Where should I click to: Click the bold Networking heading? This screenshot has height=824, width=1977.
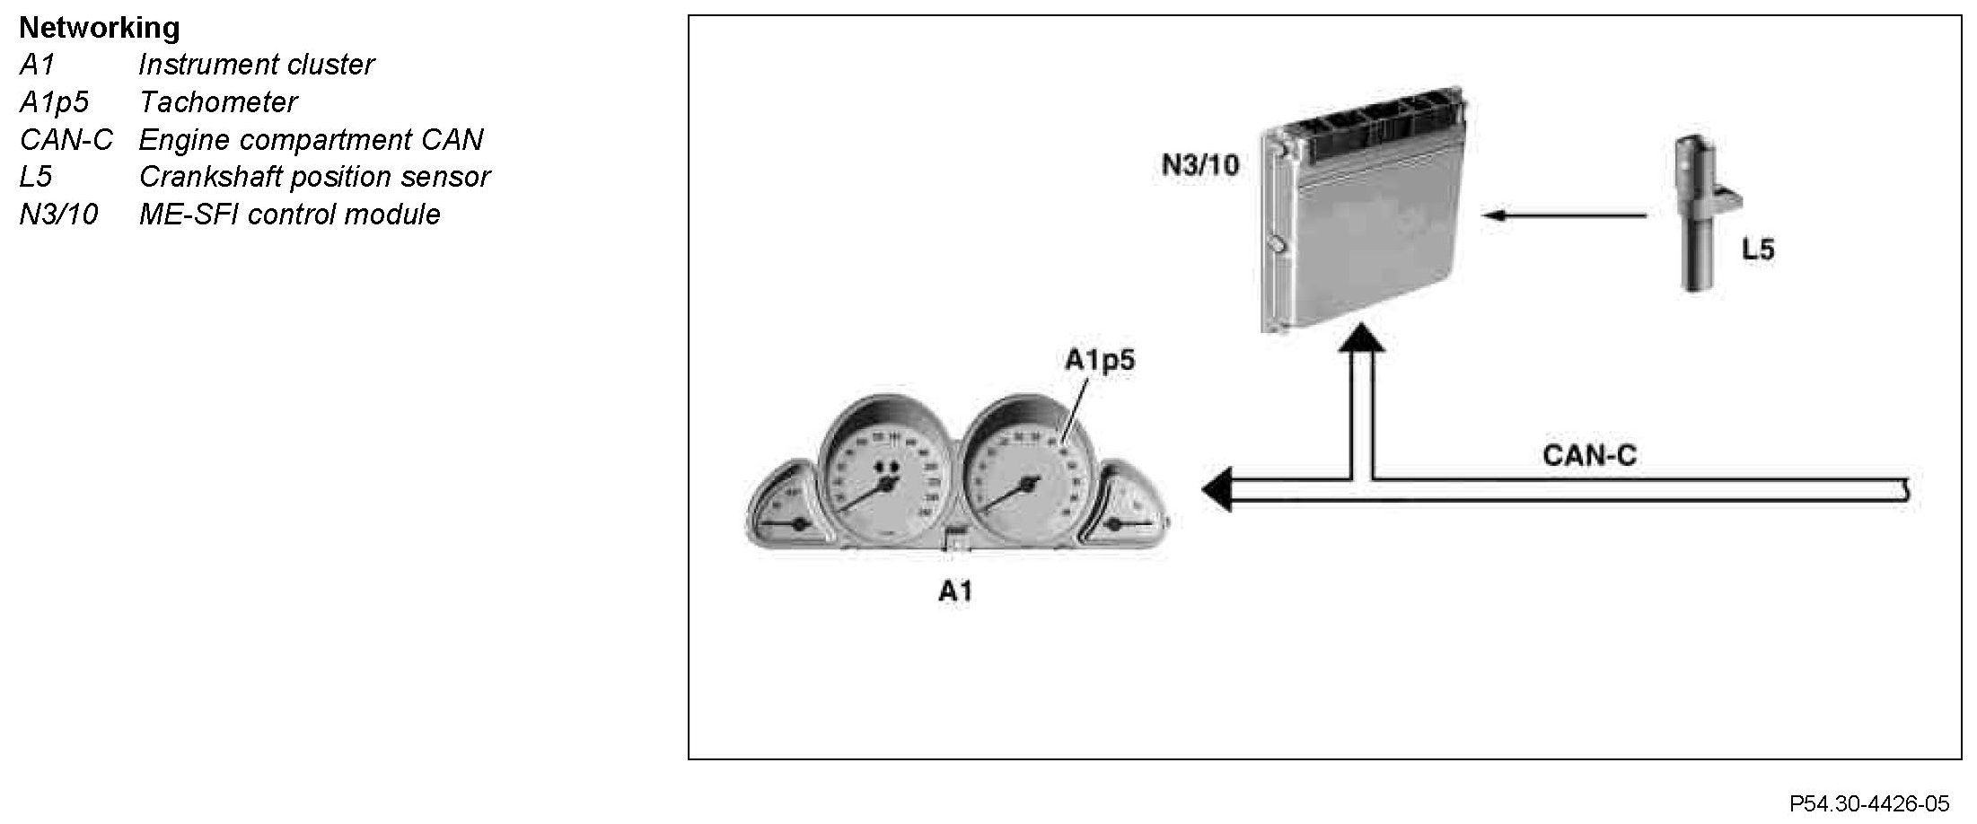click(99, 28)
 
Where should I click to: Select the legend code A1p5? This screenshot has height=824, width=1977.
click(54, 102)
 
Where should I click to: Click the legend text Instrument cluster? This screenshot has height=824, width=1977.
click(256, 65)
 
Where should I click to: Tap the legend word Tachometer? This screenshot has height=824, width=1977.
click(217, 102)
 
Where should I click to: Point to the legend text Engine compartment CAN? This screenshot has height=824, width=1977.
click(311, 140)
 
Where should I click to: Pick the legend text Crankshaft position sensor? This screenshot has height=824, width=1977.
click(314, 177)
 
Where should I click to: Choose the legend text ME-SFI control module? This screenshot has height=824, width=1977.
click(289, 215)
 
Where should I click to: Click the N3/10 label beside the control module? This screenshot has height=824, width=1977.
click(1200, 165)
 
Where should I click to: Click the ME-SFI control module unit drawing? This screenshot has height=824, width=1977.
click(1365, 211)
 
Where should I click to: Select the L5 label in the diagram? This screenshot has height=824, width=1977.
click(1758, 249)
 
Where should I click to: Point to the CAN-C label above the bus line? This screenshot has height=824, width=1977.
click(1589, 455)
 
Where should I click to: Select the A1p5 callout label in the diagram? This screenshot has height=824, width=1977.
click(1100, 360)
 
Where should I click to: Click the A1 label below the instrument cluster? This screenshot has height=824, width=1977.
click(955, 591)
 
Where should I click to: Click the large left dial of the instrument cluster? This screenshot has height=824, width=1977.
click(884, 476)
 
